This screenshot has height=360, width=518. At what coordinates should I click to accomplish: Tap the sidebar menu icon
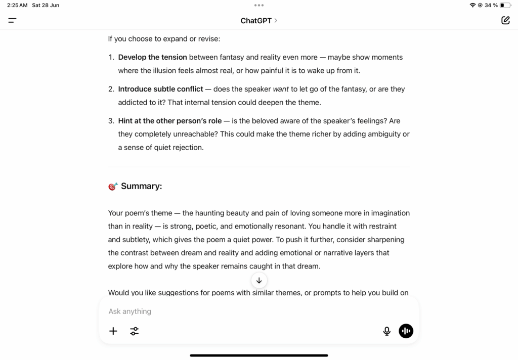tap(12, 20)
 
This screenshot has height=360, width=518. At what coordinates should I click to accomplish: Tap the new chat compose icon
tap(505, 20)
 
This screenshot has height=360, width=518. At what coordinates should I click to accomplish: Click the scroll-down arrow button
tap(259, 280)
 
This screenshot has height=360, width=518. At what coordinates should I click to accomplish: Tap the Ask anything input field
tap(243, 311)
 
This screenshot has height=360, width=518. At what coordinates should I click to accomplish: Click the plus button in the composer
tap(113, 331)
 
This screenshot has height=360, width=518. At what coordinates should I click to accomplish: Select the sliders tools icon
tap(134, 331)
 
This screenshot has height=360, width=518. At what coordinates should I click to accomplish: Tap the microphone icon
tap(386, 331)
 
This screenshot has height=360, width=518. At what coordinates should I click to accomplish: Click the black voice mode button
tap(406, 331)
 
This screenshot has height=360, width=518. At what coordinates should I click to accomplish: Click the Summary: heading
tap(141, 186)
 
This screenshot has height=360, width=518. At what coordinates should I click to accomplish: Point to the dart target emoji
tap(113, 187)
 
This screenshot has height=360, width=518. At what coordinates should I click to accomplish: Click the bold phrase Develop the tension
tap(152, 57)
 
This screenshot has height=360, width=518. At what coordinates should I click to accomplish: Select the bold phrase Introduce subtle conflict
tap(160, 89)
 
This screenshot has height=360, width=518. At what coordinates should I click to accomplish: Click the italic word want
tap(281, 89)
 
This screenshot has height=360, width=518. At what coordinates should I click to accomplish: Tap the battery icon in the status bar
tap(505, 5)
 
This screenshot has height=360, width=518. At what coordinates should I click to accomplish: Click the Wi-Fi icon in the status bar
tap(472, 5)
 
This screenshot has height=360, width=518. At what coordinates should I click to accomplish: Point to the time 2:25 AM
tap(17, 5)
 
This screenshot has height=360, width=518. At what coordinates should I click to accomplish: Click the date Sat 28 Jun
tap(46, 5)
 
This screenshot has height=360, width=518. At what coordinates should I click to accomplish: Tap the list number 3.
tap(111, 121)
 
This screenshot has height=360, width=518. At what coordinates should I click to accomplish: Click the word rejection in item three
tap(187, 148)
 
